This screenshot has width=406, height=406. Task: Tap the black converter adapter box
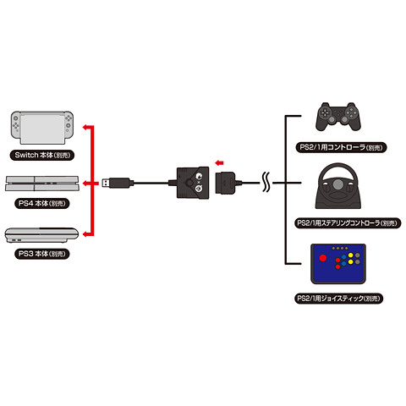point(191,182)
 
